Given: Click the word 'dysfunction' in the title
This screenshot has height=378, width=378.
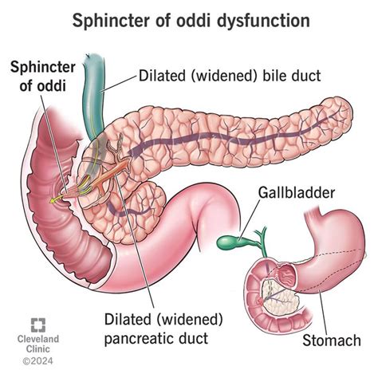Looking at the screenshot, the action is tap(264, 21).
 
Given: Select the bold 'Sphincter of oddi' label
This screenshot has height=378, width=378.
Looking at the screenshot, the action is tap(43, 77).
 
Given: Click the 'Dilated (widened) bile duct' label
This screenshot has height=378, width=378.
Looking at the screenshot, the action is tap(230, 76).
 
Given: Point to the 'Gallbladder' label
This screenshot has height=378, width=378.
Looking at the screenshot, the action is tap(297, 192).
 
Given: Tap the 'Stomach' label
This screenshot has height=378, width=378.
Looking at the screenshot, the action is tap(332, 341).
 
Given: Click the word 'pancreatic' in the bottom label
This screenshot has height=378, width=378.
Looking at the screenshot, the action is tap(140, 339).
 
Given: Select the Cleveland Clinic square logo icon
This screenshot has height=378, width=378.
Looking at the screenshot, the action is tap(38, 325).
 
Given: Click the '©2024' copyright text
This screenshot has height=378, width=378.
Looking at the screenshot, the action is tap(37, 361).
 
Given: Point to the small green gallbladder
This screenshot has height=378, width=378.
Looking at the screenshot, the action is tap(228, 242).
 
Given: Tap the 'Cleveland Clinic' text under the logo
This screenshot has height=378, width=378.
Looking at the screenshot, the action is tap(38, 344).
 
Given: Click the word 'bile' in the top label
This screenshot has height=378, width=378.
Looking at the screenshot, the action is tap(274, 76).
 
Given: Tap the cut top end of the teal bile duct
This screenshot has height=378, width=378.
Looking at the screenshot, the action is tap(92, 57).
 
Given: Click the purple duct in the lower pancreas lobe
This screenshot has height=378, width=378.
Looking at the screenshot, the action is tap(130, 211).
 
